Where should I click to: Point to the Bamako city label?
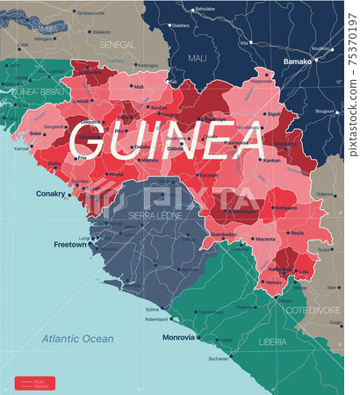click(298, 62)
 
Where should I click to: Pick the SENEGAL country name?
click(116, 43)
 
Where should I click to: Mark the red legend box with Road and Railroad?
click(34, 383)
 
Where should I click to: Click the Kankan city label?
click(271, 162)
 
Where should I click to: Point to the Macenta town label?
click(264, 239)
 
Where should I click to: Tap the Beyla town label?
click(296, 233)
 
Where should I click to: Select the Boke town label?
click(36, 133)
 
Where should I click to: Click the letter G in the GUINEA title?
click(90, 140)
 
